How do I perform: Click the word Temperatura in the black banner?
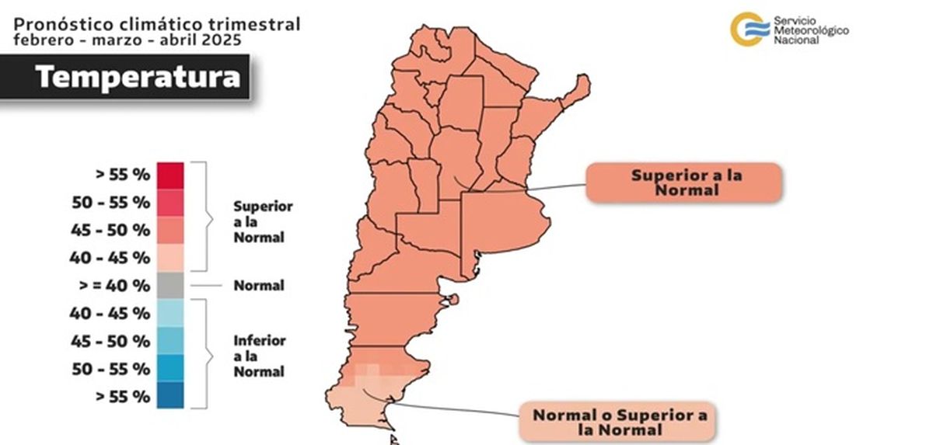coord(137,76)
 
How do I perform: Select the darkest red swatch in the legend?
coord(170,175)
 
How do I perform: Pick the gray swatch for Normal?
coord(170,285)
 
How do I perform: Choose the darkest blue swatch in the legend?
coord(170,395)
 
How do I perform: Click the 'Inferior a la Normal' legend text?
coord(260,356)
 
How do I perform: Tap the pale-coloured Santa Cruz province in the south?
coord(365,400)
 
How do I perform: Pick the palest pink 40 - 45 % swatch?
coord(170,257)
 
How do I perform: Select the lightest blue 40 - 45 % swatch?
coord(170,313)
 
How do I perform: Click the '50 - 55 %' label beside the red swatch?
coord(111,202)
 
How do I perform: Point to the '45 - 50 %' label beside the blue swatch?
coord(111,340)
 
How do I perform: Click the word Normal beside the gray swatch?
coord(259,285)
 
